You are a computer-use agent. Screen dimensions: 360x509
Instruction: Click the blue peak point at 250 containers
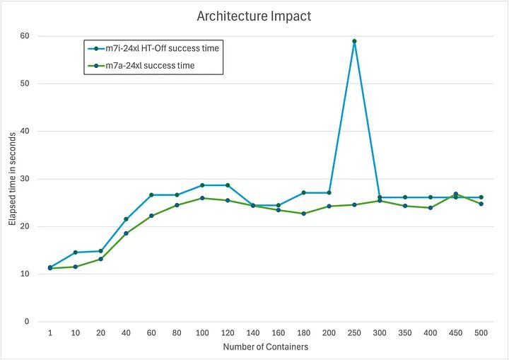354,41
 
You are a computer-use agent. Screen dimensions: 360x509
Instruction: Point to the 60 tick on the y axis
25,35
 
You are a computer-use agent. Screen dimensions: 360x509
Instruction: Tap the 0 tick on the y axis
28,322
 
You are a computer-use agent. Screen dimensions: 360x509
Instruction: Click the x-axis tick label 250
354,332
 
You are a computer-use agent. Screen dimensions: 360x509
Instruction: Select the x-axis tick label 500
481,332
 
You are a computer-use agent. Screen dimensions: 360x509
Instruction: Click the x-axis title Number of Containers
265,347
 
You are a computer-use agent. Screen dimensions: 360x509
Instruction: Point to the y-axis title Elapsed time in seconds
11,178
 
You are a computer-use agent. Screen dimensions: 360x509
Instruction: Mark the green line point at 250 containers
354,205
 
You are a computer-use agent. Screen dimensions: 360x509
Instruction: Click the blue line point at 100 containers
202,185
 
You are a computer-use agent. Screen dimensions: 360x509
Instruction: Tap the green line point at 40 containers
126,233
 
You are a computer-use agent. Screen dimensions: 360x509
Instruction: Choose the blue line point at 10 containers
76,252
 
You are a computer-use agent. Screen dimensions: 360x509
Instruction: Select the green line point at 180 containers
303,214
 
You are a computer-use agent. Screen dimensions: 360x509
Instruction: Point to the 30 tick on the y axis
25,178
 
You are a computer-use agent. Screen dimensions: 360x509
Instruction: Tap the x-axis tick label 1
50,332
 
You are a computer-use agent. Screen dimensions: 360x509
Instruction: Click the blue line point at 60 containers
151,194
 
